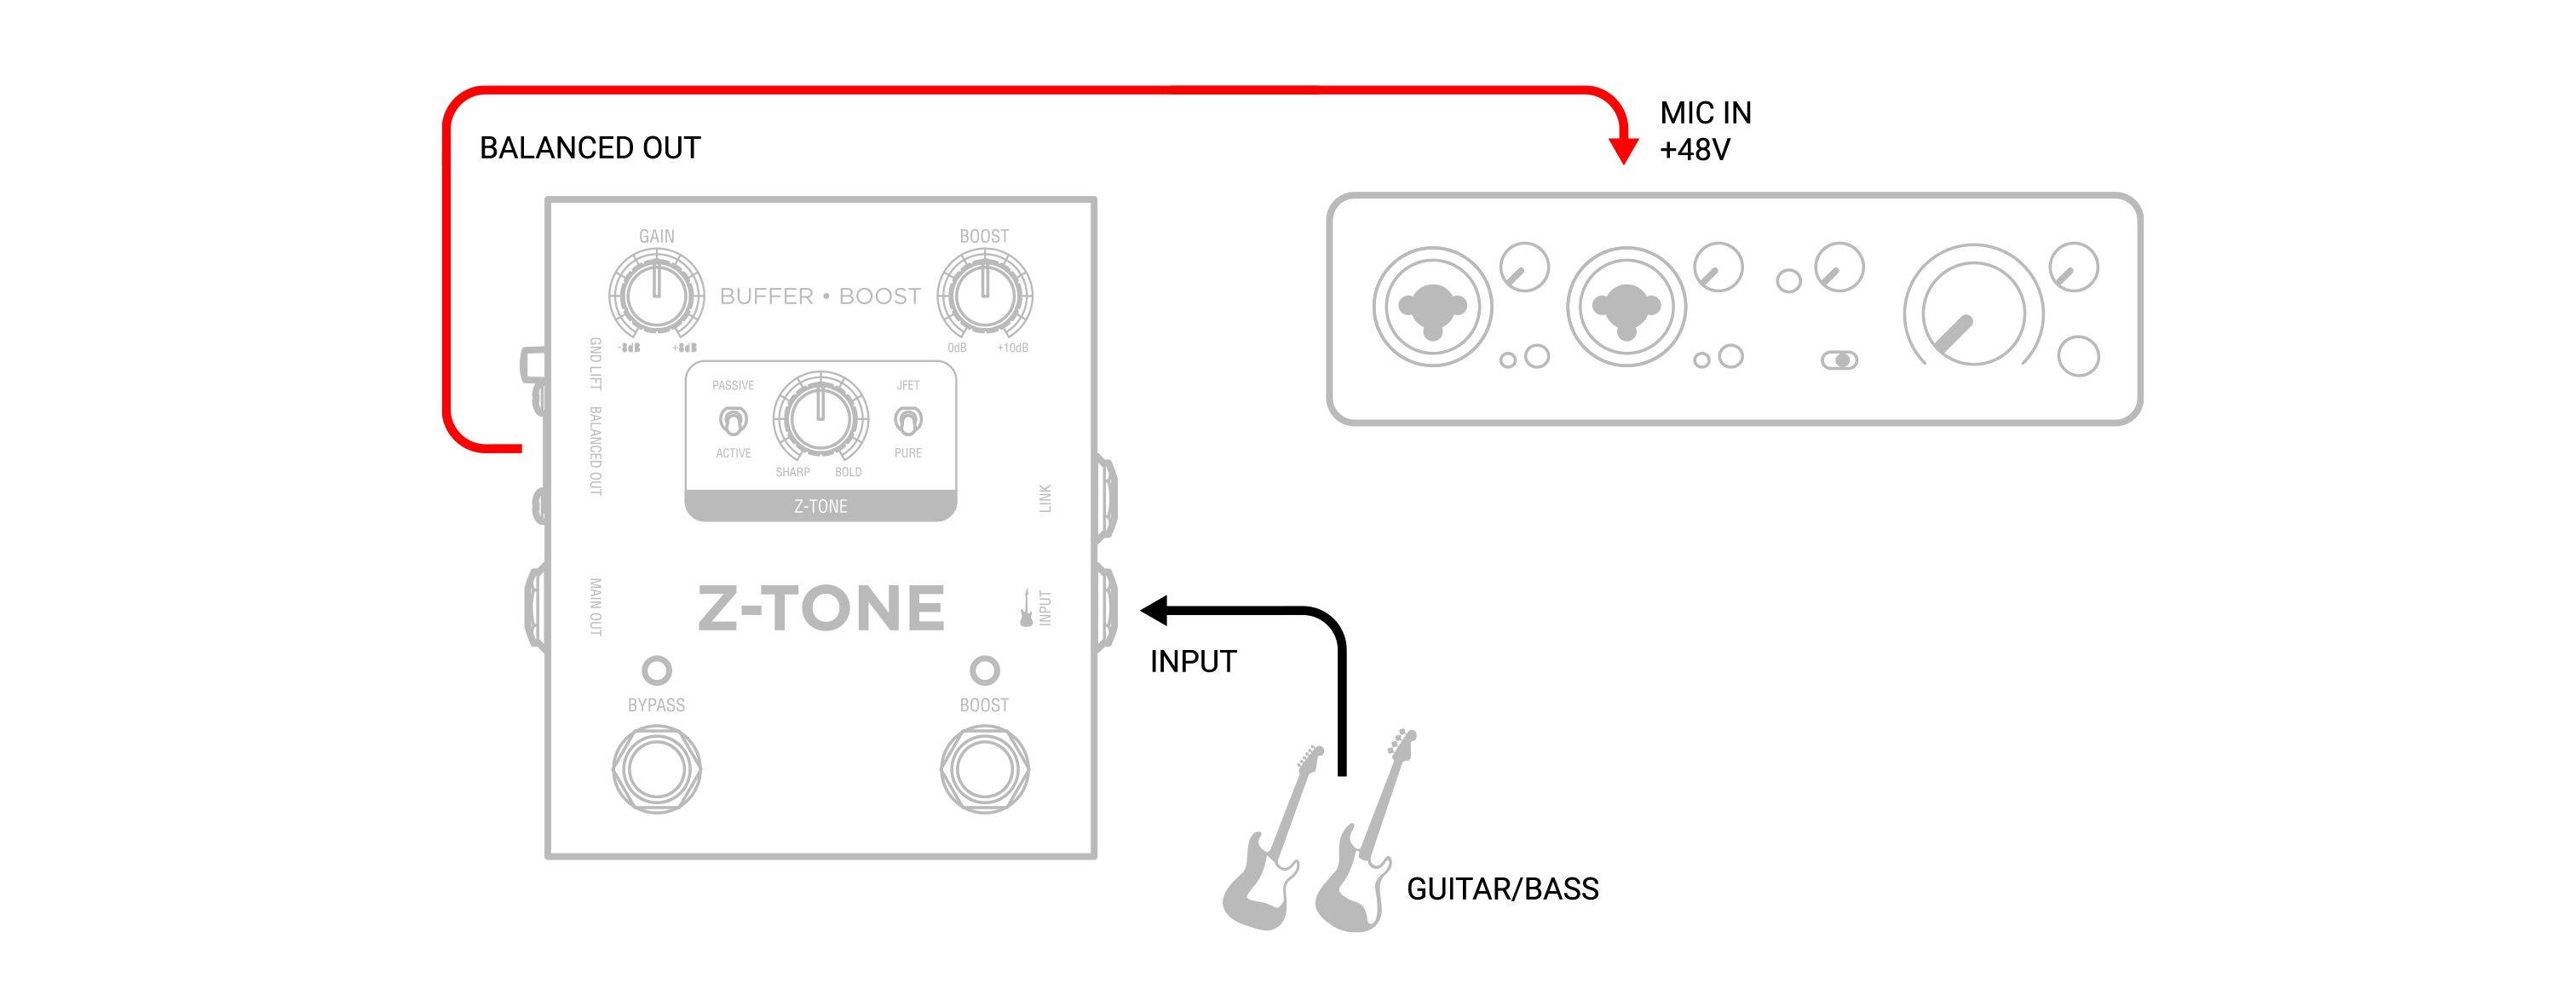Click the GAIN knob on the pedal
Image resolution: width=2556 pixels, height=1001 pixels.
click(656, 295)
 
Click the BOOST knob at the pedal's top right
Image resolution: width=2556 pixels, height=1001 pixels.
click(984, 295)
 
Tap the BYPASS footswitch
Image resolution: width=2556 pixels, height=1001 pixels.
click(656, 769)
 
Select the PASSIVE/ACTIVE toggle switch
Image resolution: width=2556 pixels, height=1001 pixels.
click(734, 421)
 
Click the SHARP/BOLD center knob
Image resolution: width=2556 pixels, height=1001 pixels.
click(820, 417)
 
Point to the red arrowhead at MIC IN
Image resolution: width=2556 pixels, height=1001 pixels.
click(1623, 150)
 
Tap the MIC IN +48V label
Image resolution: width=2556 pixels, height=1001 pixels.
click(1705, 131)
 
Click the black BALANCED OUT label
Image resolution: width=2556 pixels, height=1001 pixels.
click(590, 148)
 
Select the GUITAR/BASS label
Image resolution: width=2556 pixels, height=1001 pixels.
click(1501, 889)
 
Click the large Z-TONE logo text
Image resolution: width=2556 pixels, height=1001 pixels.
click(820, 608)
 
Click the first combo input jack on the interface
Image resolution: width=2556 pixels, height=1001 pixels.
click(1432, 308)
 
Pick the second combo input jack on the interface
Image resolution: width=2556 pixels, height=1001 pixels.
click(1626, 308)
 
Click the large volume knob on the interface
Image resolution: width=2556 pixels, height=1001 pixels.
click(1972, 314)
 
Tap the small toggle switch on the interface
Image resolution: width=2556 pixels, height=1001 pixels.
click(1839, 360)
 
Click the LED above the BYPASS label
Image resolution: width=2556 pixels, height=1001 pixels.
click(656, 670)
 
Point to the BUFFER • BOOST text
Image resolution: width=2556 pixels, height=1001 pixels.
click(820, 296)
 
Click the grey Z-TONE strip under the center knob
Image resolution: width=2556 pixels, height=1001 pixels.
click(820, 506)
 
